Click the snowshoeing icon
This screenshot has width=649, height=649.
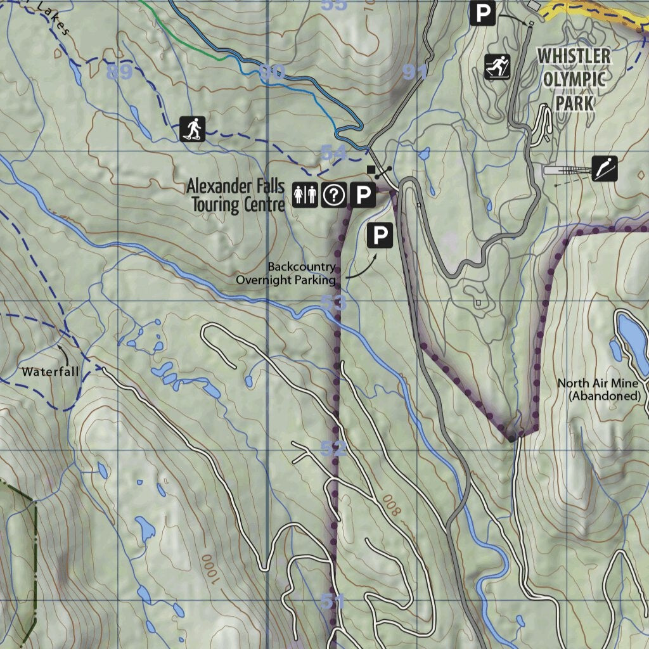tap(192, 129)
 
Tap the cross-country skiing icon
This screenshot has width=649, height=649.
tap(498, 67)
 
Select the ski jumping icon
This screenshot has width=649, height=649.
tap(604, 169)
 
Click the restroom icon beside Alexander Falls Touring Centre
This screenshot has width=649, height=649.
tap(305, 195)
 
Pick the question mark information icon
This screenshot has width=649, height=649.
tap(333, 195)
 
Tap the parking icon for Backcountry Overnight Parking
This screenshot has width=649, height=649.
tap(380, 236)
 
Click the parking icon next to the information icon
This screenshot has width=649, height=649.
tap(363, 195)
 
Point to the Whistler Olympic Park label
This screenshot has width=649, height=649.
tap(574, 79)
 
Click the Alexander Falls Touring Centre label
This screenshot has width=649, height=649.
tap(235, 195)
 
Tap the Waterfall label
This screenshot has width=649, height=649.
tap(51, 372)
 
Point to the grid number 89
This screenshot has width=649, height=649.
tap(119, 72)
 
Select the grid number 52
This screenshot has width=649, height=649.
tap(333, 449)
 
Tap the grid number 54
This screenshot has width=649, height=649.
tap(333, 152)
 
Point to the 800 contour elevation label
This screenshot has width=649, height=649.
tap(392, 504)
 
